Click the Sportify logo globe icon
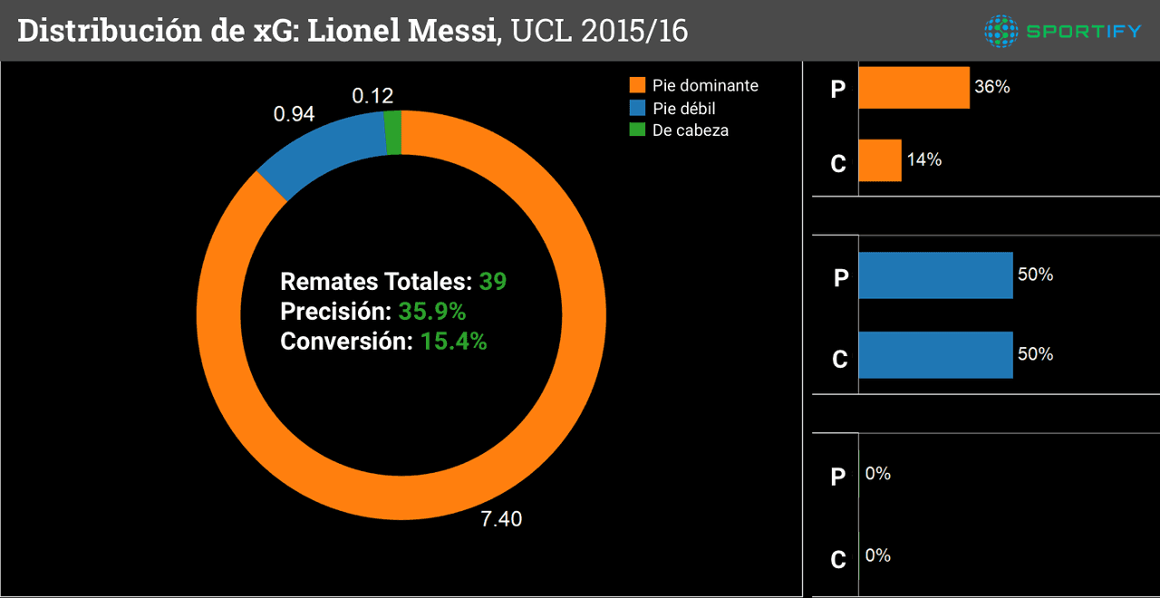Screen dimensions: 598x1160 coord(1001,32)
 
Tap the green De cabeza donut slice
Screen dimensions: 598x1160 coord(393,133)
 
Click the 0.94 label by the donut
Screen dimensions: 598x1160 coord(294,114)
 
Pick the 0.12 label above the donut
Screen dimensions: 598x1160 coord(372,96)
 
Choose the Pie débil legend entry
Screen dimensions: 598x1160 coord(683,108)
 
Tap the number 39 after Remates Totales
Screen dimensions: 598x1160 coord(493,281)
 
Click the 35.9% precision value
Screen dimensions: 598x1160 coord(431,312)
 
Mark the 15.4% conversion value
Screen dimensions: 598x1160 coord(453,342)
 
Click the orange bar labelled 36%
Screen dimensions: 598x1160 coord(913,88)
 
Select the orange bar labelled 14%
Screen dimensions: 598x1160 coord(879,160)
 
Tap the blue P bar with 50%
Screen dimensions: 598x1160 coord(935,275)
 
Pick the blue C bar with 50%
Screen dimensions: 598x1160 coord(935,354)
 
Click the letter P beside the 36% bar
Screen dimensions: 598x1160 coord(839,91)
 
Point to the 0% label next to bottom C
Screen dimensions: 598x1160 coord(878,555)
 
